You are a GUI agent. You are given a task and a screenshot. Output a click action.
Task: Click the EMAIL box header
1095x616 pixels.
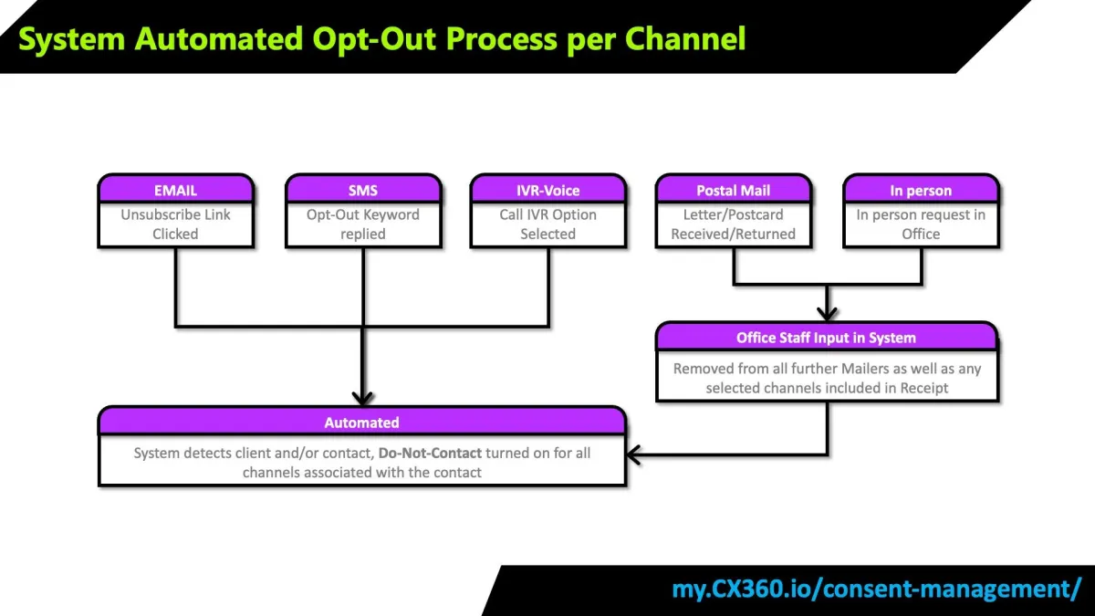pyautogui.click(x=175, y=190)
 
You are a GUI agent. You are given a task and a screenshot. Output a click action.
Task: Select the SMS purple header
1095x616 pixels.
pyautogui.click(x=362, y=190)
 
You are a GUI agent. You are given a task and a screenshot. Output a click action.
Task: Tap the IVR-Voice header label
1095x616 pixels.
pyautogui.click(x=547, y=190)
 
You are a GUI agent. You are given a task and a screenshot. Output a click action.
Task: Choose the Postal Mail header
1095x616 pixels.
pyautogui.click(x=733, y=190)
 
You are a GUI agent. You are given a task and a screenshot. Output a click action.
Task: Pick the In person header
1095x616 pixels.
pyautogui.click(x=921, y=190)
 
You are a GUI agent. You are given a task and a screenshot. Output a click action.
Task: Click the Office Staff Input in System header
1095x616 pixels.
pyautogui.click(x=826, y=338)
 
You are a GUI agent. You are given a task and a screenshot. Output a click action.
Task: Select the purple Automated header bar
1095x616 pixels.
pyautogui.click(x=361, y=423)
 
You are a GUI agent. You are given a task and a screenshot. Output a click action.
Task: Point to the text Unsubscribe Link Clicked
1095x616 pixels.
pyautogui.click(x=175, y=224)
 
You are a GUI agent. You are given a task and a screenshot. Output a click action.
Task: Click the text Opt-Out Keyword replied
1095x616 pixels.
pyautogui.click(x=362, y=224)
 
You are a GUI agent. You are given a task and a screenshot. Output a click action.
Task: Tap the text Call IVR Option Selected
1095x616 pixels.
pyautogui.click(x=547, y=224)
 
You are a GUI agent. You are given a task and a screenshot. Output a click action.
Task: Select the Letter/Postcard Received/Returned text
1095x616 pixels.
pyautogui.click(x=733, y=224)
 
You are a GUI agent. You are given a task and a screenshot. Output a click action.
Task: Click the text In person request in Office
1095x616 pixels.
pyautogui.click(x=921, y=224)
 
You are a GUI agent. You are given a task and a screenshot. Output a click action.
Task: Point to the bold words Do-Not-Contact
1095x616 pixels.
pyautogui.click(x=430, y=453)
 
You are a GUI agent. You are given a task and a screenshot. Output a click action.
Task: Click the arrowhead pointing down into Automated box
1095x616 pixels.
pyautogui.click(x=362, y=398)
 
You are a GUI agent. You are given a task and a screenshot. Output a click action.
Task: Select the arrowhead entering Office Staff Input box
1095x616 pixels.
pyautogui.click(x=827, y=313)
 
